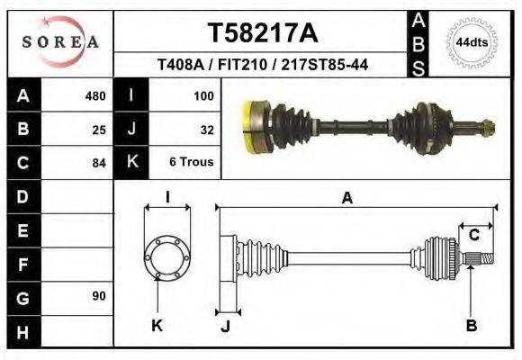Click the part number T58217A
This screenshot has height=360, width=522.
click(262, 33)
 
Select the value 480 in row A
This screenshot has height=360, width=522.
click(94, 96)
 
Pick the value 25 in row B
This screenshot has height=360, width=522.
click(99, 130)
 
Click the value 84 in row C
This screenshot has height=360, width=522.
click(99, 164)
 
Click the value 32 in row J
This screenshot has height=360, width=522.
click(206, 130)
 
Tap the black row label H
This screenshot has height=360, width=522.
click(22, 331)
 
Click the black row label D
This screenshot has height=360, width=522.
click(22, 196)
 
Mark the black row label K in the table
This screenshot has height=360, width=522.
click(131, 163)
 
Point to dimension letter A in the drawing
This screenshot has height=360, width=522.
click(346, 199)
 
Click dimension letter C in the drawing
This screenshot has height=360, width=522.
click(474, 235)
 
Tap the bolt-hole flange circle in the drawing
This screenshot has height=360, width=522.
click(167, 257)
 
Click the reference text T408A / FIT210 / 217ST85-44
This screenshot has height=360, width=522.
click(262, 65)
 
